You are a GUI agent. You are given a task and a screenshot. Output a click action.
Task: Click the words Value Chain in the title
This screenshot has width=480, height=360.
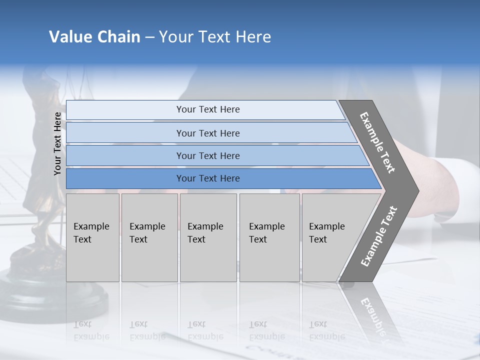[94, 37]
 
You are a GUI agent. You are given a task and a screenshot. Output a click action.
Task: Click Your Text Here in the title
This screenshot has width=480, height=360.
[215, 37]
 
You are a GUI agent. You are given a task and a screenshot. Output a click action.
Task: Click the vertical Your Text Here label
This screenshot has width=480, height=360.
[57, 143]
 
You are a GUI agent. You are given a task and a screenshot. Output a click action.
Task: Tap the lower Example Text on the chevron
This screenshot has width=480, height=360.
[378, 236]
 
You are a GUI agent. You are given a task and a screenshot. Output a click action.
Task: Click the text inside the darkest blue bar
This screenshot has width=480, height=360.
[208, 178]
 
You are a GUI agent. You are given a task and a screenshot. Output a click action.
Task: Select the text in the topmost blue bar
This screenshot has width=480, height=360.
[208, 109]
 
